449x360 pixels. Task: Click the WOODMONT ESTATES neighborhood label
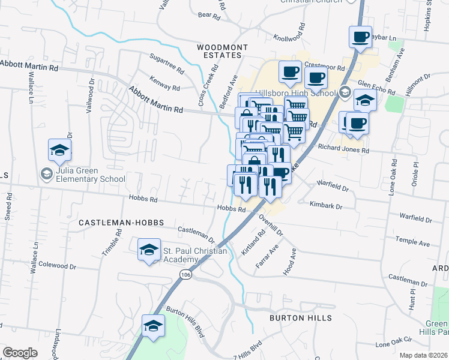point(219,50)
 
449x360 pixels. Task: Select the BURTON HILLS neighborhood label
point(300,317)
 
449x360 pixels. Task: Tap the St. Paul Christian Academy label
point(195,255)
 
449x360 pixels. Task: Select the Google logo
point(20,352)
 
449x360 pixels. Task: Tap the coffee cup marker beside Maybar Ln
point(360,37)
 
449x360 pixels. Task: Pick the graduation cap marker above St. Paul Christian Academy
point(149,250)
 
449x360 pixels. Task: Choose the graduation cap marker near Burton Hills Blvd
point(153,326)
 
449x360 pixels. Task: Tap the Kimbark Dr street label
point(326,206)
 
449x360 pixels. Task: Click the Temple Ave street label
point(412,242)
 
